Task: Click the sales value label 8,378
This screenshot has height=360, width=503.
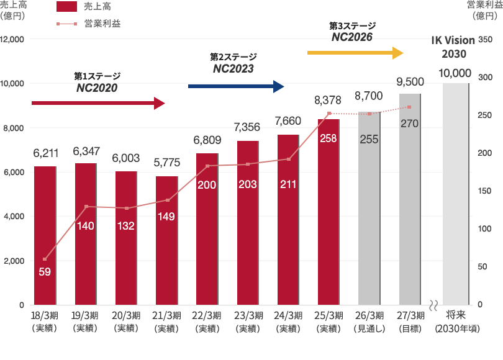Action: pyautogui.click(x=328, y=99)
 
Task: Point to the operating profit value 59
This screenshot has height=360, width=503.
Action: pyautogui.click(x=45, y=271)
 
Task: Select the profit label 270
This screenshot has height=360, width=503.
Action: pyautogui.click(x=409, y=124)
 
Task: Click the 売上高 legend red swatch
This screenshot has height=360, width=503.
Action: pyautogui.click(x=66, y=7)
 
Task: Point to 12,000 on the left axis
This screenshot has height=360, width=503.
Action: pyautogui.click(x=12, y=39)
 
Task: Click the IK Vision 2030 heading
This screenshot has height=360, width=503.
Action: pyautogui.click(x=453, y=47)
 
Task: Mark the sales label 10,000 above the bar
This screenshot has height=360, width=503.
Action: pyautogui.click(x=455, y=73)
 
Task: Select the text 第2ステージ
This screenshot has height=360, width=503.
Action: pyautogui.click(x=233, y=57)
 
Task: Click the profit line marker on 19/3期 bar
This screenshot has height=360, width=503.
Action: pyautogui.click(x=86, y=206)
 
